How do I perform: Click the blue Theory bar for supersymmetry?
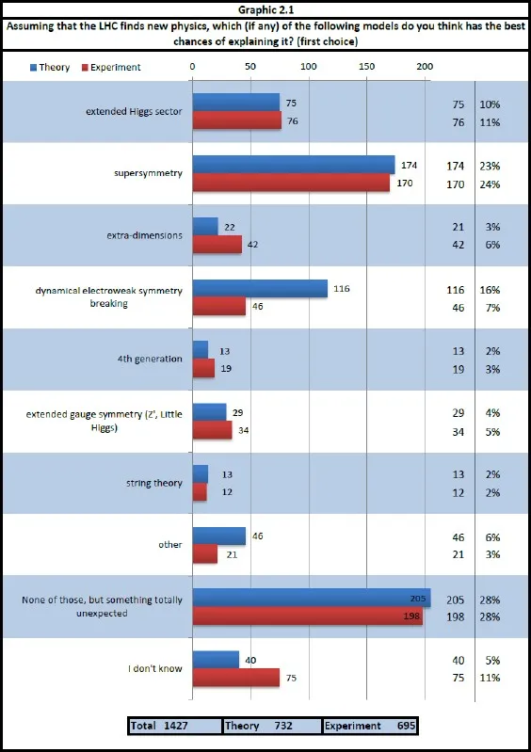click(x=294, y=165)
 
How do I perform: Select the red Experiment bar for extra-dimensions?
click(x=217, y=244)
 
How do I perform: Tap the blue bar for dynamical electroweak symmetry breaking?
click(x=260, y=288)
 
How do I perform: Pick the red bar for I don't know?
click(x=236, y=678)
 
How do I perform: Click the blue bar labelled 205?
click(x=312, y=598)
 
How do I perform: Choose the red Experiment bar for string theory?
click(x=200, y=492)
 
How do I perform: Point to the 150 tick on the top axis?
click(x=366, y=67)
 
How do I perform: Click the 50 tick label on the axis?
click(x=250, y=67)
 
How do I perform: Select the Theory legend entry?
click(x=50, y=68)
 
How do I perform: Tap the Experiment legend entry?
click(x=111, y=68)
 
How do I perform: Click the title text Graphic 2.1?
click(x=265, y=10)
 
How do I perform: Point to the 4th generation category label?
click(x=150, y=359)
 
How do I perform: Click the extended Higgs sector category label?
click(x=134, y=111)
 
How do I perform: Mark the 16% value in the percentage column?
click(x=490, y=290)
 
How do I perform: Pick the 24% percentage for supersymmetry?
click(x=490, y=184)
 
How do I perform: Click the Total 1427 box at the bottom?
click(x=174, y=726)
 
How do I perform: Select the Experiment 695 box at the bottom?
click(x=370, y=726)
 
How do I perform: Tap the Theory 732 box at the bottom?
click(x=272, y=726)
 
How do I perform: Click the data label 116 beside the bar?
click(x=342, y=289)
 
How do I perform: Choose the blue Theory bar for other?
click(x=219, y=536)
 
